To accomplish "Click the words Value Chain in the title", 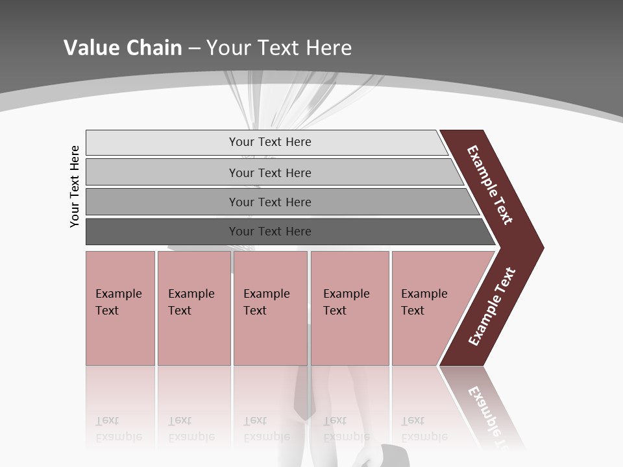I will point(123,48).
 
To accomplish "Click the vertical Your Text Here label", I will point(75,186).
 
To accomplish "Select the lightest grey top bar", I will point(162,143).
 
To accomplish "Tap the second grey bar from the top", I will point(162,173).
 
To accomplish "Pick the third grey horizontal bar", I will point(162,202).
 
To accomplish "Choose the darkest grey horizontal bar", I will point(162,232).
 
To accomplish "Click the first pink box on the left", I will point(120,308).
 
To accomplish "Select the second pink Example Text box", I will point(194,308).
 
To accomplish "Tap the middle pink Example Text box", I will point(270,308).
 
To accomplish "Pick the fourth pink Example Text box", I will point(350,308).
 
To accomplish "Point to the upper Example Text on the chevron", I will point(490,185).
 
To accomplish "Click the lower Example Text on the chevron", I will point(492,307).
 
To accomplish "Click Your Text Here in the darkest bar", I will point(270,232).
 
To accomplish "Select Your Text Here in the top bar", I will point(270,142).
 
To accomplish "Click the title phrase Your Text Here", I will point(279,48).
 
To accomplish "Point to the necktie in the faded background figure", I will point(302,396).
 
